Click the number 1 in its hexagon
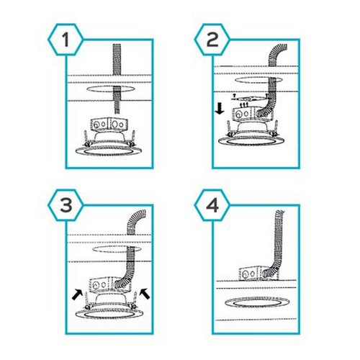tap(66, 40)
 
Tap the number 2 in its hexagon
tap(212, 40)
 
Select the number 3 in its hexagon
tap(66, 205)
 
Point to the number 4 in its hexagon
tap(212, 205)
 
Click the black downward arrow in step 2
tap(220, 109)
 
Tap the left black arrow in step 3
tap(77, 294)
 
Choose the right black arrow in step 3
tap(145, 294)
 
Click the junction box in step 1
tap(109, 125)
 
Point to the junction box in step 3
tap(110, 285)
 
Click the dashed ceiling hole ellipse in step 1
tap(110, 89)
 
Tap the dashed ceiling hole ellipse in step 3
tap(117, 249)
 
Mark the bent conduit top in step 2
tap(276, 53)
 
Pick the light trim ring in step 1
tap(109, 150)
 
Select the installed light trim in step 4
tap(257, 303)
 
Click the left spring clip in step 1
tap(86, 139)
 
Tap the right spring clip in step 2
tap(276, 127)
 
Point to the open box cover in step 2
tap(250, 97)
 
